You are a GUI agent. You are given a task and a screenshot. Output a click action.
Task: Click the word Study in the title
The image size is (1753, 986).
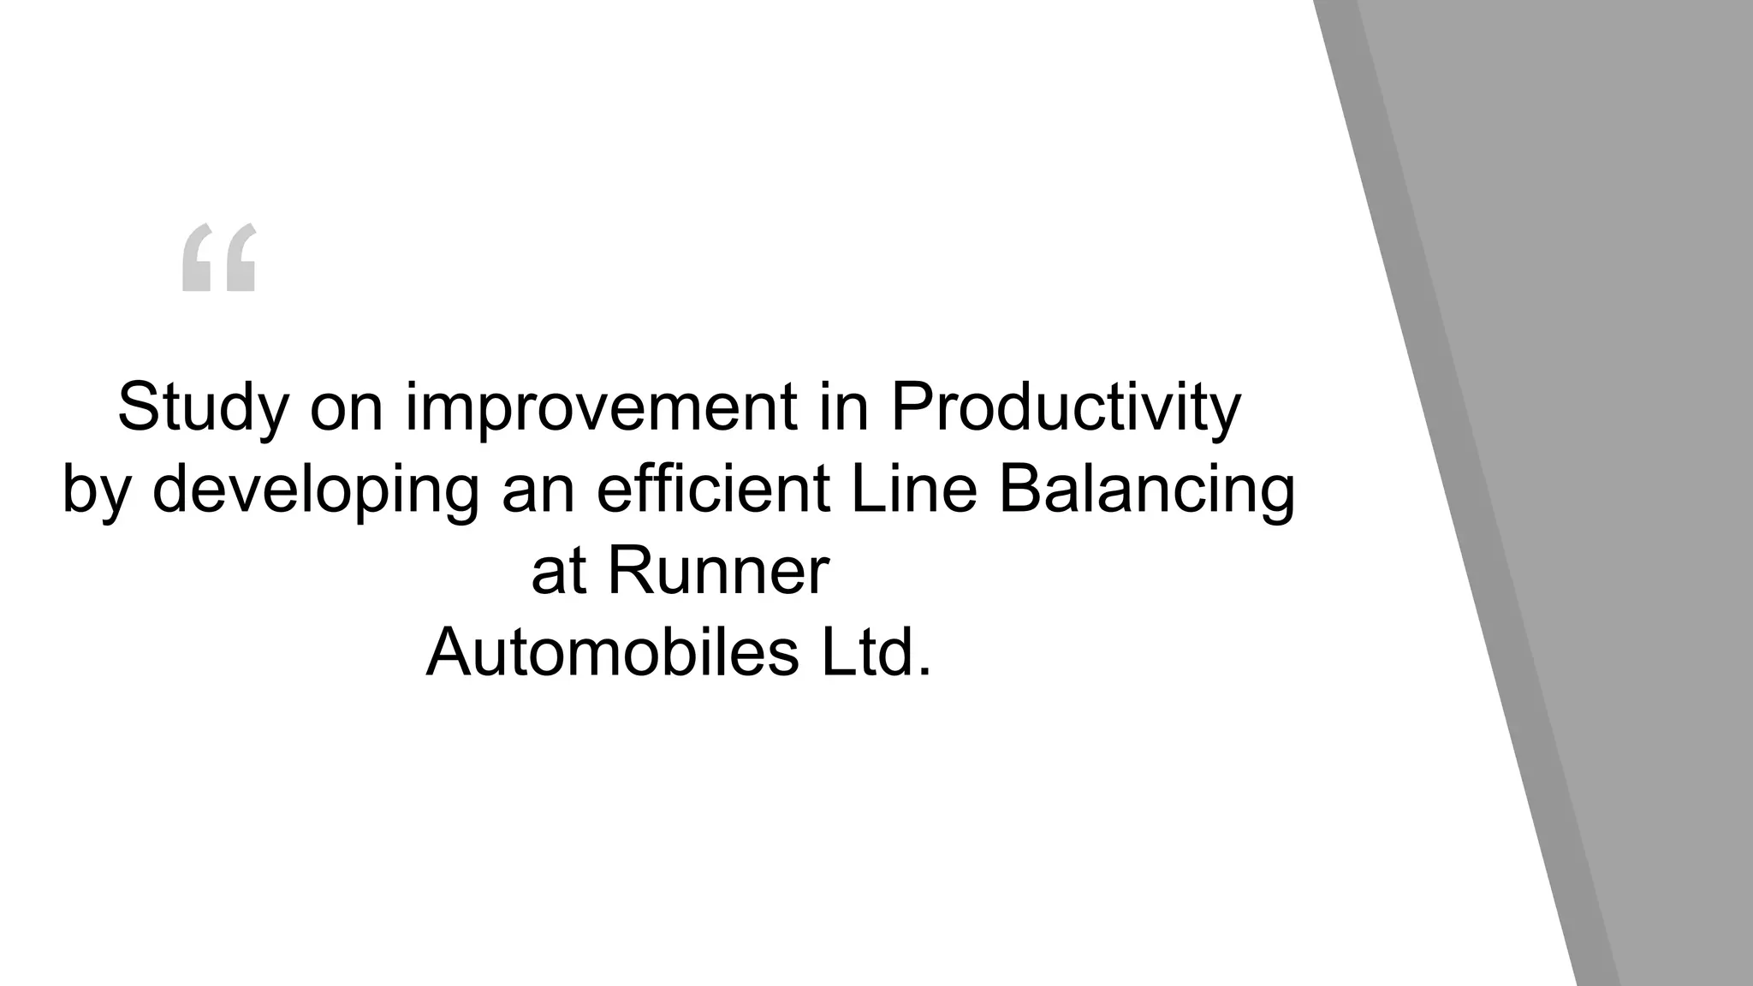coord(203,407)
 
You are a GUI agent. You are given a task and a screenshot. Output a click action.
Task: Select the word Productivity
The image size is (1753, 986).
coord(1065,407)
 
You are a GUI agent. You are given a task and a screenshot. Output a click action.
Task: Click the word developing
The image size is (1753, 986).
coord(315,490)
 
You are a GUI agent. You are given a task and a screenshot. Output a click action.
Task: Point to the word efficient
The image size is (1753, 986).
coord(713,490)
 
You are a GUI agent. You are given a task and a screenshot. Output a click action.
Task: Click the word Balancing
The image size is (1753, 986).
coord(1146,490)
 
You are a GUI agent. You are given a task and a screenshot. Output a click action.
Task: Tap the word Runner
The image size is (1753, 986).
coord(718,572)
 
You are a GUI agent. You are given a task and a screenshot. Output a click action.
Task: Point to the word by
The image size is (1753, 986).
coord(96,490)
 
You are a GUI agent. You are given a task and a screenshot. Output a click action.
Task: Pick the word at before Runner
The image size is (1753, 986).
coord(558,572)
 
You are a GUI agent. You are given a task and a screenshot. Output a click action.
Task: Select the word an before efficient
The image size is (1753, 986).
coord(538,490)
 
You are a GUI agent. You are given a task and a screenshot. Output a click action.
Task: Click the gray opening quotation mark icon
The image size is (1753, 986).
coord(219,257)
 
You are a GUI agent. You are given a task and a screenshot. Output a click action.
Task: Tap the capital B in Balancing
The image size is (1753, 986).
coord(1018,490)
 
